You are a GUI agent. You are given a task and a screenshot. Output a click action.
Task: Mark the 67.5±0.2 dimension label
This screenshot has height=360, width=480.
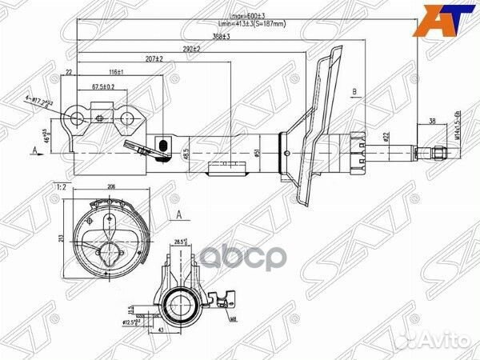102,86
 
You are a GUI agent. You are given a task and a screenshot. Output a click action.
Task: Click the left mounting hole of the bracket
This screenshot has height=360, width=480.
78,120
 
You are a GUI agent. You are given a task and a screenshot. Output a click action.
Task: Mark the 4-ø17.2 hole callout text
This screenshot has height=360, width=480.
44,102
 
